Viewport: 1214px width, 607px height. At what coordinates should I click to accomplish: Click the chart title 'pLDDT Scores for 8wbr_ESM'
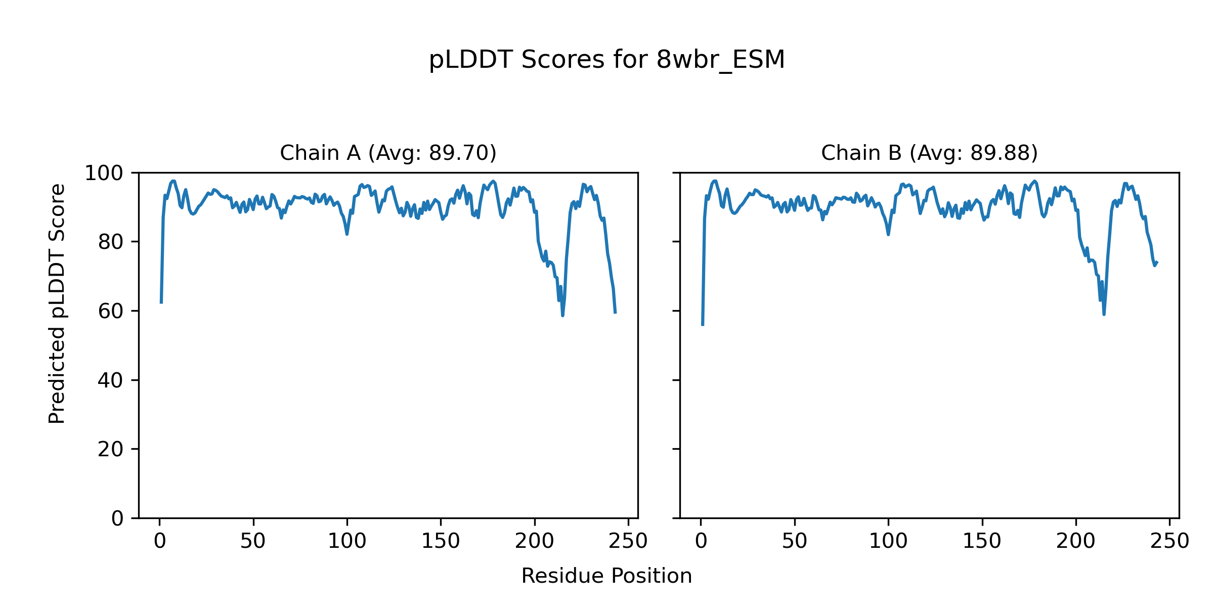(606, 60)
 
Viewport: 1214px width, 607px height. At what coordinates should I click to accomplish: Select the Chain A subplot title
(388, 153)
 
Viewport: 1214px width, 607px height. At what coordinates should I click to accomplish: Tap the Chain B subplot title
(929, 153)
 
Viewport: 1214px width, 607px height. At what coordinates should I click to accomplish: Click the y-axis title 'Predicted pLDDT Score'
(57, 303)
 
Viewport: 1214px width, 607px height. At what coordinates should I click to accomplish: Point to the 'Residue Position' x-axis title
(606, 576)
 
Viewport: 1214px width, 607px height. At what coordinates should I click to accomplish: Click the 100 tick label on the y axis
(104, 174)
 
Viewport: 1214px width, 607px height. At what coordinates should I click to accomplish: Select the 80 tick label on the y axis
(111, 242)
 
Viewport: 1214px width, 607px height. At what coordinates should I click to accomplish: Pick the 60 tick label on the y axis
(111, 311)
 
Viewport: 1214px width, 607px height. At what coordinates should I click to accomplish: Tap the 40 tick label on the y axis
(111, 380)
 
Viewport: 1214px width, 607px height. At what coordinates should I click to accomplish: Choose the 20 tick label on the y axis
(111, 449)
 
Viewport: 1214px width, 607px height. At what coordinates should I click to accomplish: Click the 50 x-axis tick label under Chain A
(253, 542)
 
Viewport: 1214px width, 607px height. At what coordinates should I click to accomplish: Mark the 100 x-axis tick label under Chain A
(347, 542)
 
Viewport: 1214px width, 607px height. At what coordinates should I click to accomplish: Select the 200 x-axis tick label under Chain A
(534, 542)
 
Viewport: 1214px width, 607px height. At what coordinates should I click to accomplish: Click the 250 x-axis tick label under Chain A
(628, 542)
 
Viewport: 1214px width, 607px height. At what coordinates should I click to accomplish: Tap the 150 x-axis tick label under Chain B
(982, 542)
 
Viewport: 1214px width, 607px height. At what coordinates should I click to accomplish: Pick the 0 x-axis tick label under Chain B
(701, 542)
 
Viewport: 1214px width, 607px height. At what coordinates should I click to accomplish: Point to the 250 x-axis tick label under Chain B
(1169, 542)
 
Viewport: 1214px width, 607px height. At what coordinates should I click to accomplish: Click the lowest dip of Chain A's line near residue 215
(562, 316)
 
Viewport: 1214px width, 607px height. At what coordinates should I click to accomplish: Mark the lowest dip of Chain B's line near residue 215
(1104, 314)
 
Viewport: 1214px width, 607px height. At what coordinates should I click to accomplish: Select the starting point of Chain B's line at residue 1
(703, 325)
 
